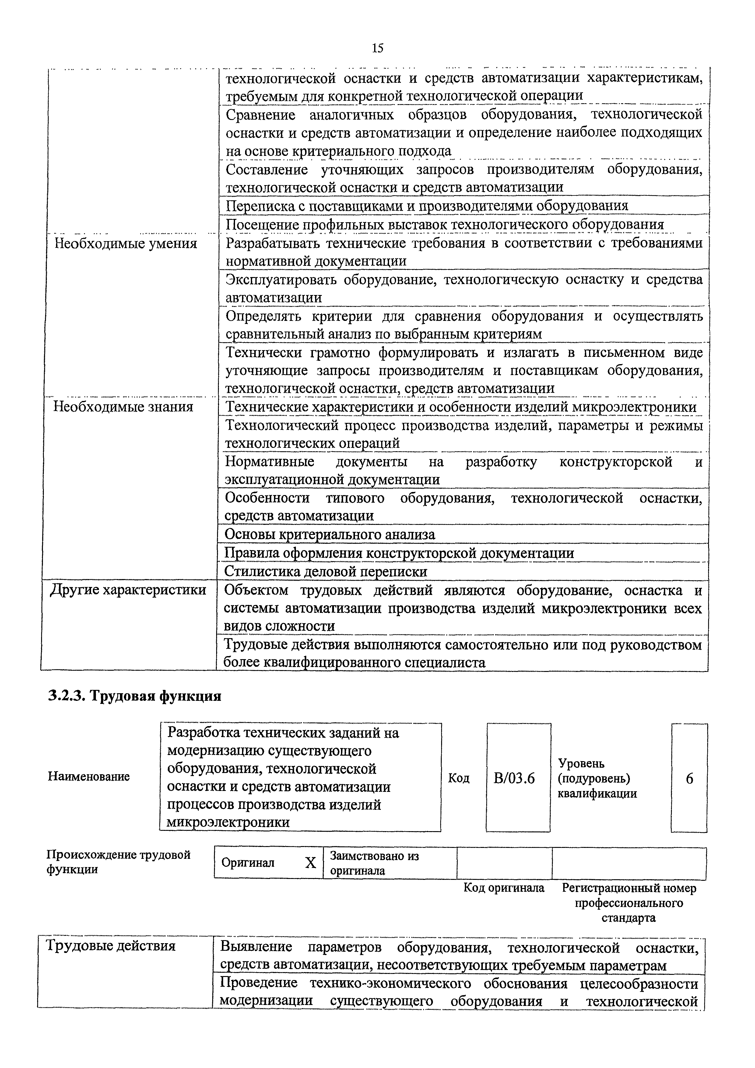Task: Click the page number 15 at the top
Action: click(377, 48)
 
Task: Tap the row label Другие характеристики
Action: click(128, 589)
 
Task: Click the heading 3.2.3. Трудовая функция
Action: click(135, 696)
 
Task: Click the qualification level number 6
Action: click(689, 778)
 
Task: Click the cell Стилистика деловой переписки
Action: click(326, 571)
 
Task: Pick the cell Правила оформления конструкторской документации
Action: click(399, 553)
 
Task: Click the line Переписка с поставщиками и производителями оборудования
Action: click(427, 206)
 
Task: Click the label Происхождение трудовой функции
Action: click(119, 862)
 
